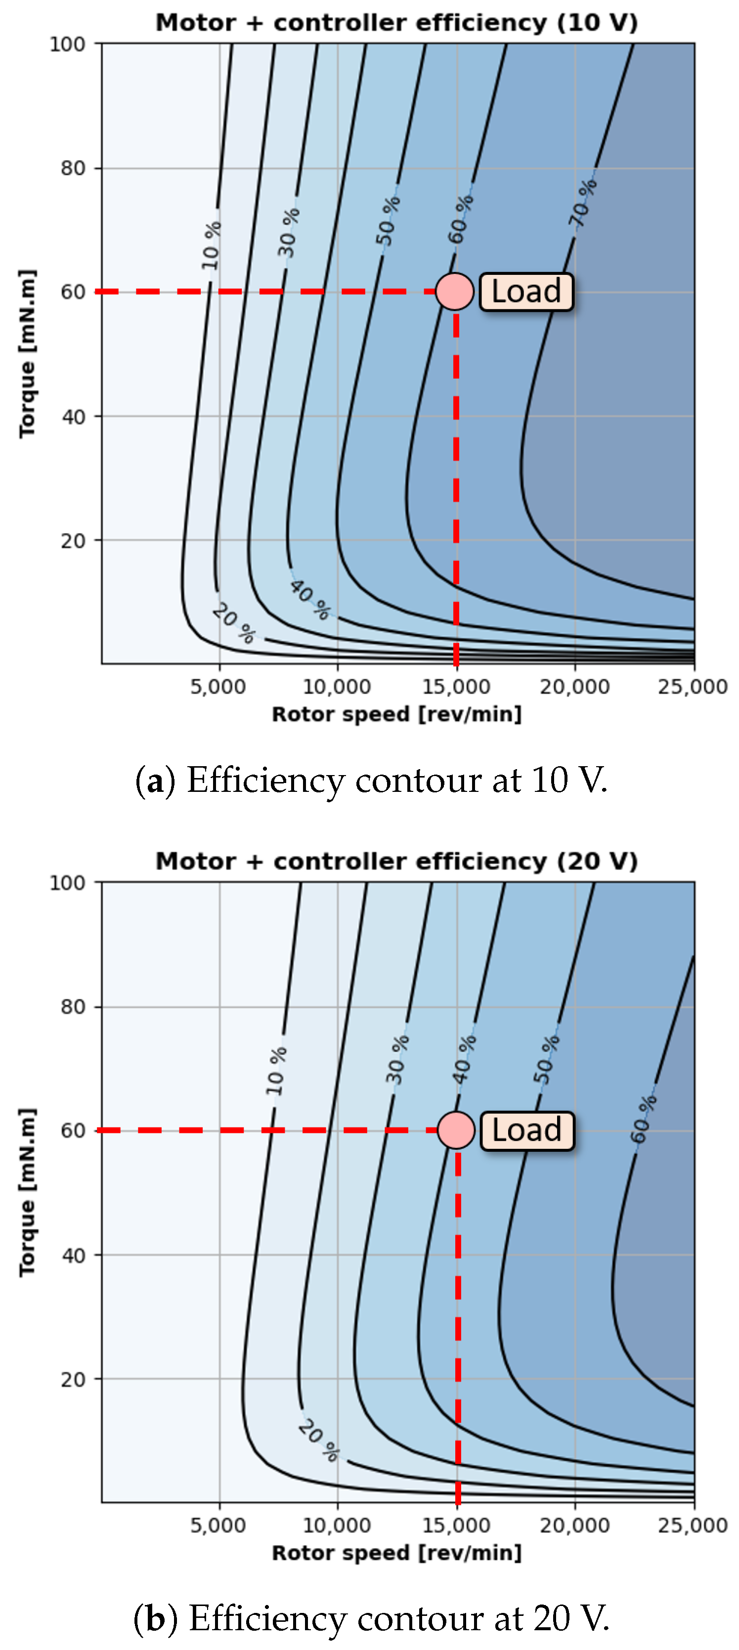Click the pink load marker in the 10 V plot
[x=455, y=292]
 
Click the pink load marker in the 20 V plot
[x=456, y=1130]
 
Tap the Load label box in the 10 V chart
[x=526, y=292]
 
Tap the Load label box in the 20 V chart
[x=526, y=1130]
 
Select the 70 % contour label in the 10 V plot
[x=583, y=204]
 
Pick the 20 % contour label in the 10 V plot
[x=234, y=623]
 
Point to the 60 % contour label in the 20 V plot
[x=644, y=1119]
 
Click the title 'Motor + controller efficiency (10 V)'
[x=396, y=22]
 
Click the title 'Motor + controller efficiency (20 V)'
[x=396, y=861]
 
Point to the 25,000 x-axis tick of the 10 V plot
[x=693, y=687]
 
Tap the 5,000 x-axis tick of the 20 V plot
[x=218, y=1525]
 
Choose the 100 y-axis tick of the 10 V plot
[x=67, y=44]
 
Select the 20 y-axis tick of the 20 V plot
[x=73, y=1379]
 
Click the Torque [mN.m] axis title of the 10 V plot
[x=27, y=353]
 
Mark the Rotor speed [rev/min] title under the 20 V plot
[x=396, y=1553]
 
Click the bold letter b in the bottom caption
[x=156, y=1618]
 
